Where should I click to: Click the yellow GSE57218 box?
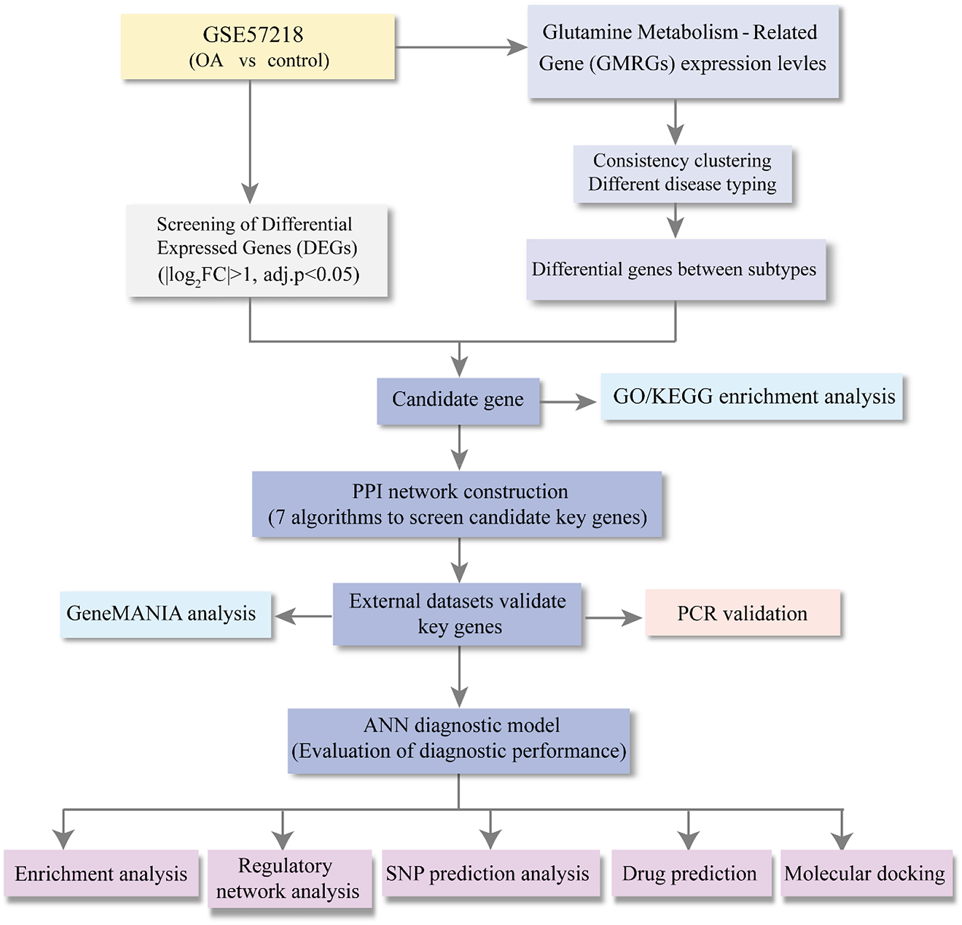[258, 47]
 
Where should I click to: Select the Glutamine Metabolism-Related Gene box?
[683, 52]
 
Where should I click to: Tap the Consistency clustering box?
[682, 174]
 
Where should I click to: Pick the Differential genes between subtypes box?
[676, 270]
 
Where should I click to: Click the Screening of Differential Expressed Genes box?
[257, 251]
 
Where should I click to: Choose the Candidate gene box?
[458, 401]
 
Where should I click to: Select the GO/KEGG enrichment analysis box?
[751, 397]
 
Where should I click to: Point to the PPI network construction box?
[457, 504]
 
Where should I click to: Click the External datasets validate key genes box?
[457, 614]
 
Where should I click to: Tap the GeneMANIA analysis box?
[166, 614]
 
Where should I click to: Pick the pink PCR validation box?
[743, 613]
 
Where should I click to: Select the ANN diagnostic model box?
[459, 741]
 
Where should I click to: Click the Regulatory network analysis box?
[289, 879]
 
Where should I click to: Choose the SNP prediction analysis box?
[491, 873]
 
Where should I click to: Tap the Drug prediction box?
[691, 873]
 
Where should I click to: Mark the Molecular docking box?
[866, 873]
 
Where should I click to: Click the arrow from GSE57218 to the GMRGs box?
[461, 48]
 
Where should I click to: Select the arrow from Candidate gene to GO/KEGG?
[568, 402]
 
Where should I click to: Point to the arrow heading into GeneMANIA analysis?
[303, 616]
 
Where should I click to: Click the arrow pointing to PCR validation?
[613, 617]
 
